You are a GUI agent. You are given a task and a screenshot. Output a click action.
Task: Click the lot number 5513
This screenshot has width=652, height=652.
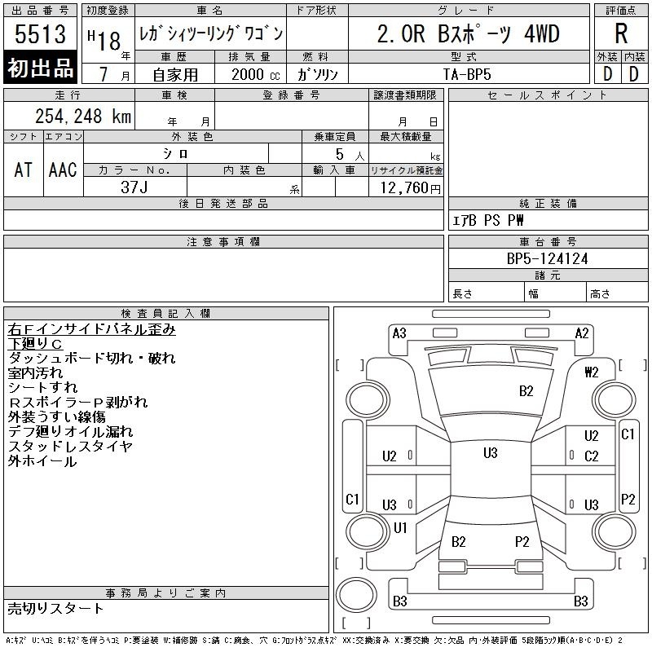click(x=40, y=34)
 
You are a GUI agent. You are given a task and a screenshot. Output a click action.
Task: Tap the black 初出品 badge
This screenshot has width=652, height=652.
click(x=40, y=68)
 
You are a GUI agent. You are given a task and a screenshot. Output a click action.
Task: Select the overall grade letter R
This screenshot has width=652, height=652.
click(x=621, y=33)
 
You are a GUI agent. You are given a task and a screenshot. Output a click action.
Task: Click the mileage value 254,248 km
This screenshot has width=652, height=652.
click(x=83, y=116)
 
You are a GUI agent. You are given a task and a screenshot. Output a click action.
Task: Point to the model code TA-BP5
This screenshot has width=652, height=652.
click(x=467, y=74)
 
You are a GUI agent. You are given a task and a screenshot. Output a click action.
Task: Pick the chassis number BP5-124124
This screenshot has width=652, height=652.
click(x=547, y=258)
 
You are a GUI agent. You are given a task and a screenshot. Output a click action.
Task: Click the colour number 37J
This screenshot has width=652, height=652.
click(x=134, y=187)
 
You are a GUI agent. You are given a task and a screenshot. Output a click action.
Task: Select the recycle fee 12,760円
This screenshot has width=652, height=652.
click(x=410, y=188)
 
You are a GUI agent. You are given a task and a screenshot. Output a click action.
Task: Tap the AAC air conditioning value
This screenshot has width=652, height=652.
click(x=63, y=170)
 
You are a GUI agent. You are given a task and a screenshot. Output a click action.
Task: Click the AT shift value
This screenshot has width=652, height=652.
click(x=23, y=170)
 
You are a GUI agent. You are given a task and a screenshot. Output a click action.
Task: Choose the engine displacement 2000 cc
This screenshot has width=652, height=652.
click(x=256, y=74)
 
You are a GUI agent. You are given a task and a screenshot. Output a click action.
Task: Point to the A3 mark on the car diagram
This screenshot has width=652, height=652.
click(x=399, y=333)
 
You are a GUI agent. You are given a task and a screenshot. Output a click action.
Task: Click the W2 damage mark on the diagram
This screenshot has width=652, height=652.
click(x=592, y=372)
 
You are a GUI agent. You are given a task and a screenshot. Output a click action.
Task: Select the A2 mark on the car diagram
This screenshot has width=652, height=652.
click(x=582, y=333)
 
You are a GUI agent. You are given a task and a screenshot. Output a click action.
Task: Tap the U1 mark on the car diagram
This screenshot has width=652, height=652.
click(x=400, y=527)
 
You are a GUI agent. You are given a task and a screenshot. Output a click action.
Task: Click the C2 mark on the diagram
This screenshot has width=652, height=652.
click(x=592, y=456)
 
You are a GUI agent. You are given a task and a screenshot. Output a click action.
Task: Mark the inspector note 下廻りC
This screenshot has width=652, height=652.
click(x=35, y=344)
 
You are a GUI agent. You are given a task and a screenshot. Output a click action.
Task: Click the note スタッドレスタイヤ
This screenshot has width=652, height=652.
click(x=70, y=446)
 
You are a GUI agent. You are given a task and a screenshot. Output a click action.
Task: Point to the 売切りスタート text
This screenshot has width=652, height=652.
click(x=55, y=608)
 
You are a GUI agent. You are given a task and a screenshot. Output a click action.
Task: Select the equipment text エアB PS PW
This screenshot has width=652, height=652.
click(x=487, y=220)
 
